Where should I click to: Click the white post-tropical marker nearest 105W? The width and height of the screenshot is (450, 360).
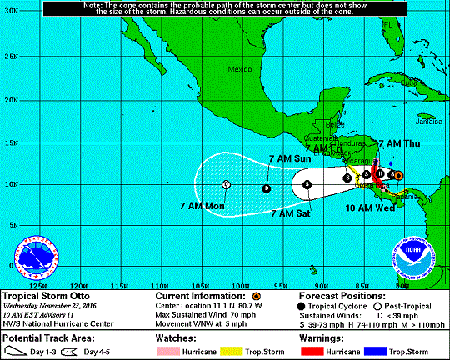(226, 184)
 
